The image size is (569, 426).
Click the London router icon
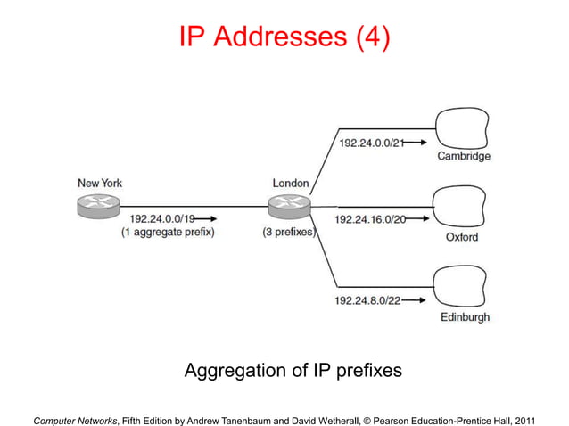tap(289, 206)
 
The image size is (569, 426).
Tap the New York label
tap(99, 184)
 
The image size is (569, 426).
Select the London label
tap(291, 184)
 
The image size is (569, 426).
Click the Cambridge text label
tap(463, 157)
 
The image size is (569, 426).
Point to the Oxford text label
tap(462, 237)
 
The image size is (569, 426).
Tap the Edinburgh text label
tap(464, 317)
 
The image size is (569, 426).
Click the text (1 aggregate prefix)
tap(169, 233)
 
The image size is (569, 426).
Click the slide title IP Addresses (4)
tap(284, 38)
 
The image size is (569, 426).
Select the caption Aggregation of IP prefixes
tap(293, 370)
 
